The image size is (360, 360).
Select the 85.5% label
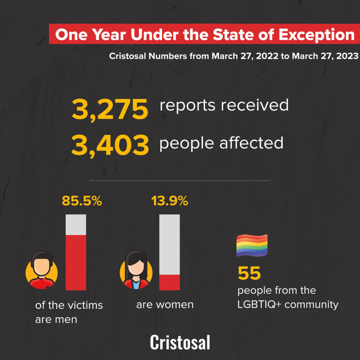[82, 201]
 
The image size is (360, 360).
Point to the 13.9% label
[169, 201]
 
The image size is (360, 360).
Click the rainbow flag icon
[252, 245]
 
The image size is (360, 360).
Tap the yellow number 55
[249, 274]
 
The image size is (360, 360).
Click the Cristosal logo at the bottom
[180, 342]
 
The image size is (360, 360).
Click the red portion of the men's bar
[76, 262]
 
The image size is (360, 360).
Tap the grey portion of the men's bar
[76, 224]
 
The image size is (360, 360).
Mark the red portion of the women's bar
[169, 282]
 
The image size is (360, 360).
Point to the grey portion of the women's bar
[169, 244]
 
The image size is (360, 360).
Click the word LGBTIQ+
[259, 304]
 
